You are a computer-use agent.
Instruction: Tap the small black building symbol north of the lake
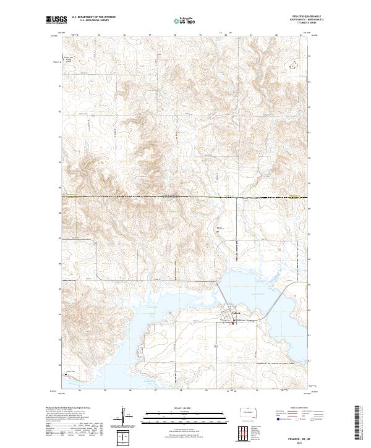coord(217,231)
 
